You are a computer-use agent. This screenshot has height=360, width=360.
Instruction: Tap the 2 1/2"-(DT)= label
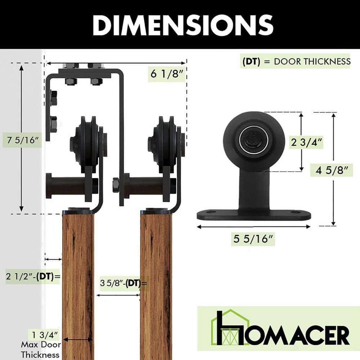(x=32, y=276)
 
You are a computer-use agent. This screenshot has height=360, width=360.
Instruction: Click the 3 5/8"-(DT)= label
(x=123, y=283)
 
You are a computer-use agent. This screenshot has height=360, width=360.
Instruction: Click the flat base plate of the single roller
(x=253, y=215)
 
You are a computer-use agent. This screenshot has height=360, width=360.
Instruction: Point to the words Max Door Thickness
(x=40, y=349)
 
